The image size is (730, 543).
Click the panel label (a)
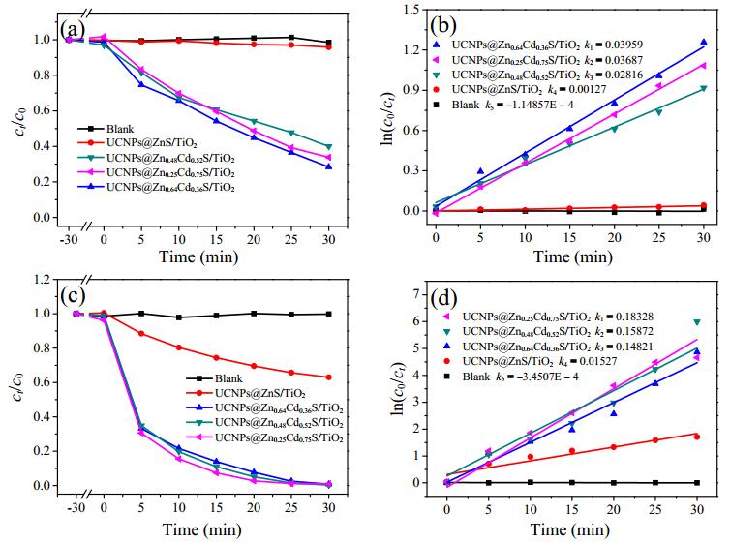73,31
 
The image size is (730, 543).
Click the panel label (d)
443,298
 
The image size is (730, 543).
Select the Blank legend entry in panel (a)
106,129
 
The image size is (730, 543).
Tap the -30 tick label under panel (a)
69,240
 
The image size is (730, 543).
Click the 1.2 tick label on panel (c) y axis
41,279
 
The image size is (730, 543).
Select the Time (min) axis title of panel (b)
572,256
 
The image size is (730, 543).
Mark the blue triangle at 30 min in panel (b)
704,42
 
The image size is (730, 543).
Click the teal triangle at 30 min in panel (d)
697,322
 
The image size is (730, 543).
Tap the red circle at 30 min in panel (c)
328,377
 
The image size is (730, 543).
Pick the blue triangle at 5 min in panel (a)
141,84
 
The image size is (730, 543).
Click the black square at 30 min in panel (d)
697,483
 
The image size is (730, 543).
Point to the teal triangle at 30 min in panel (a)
328,147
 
